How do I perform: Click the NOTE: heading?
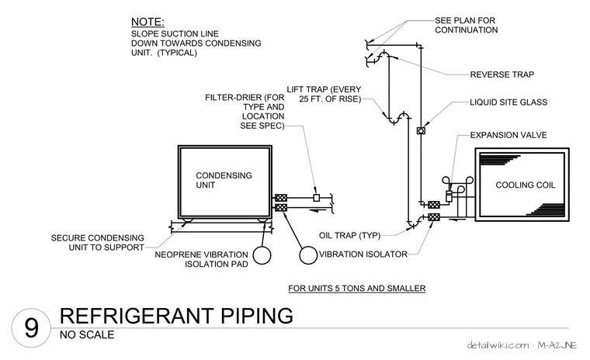[x=147, y=22]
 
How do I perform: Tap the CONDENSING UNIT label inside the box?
[x=224, y=180]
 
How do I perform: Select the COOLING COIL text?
[x=526, y=185]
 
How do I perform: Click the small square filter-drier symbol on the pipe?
[x=317, y=198]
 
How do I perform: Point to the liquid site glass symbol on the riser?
[x=421, y=131]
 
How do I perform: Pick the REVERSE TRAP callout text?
[x=502, y=74]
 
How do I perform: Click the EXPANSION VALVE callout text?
[x=508, y=135]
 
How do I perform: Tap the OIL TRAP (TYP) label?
[x=349, y=236]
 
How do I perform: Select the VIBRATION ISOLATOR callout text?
[x=363, y=254]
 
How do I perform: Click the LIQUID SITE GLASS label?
[x=508, y=102]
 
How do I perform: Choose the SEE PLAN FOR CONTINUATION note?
[x=467, y=25]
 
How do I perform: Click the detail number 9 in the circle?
[x=31, y=327]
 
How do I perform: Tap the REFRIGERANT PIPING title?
[x=176, y=316]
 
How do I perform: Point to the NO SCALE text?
[x=87, y=334]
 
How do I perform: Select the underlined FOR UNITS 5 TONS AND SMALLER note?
[x=356, y=289]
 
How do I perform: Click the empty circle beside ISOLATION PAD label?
[x=262, y=255]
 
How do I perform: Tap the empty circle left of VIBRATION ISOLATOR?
[x=308, y=255]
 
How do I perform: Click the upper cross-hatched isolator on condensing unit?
[x=281, y=198]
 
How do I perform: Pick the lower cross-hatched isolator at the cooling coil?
[x=434, y=216]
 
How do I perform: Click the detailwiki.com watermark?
[x=498, y=345]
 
